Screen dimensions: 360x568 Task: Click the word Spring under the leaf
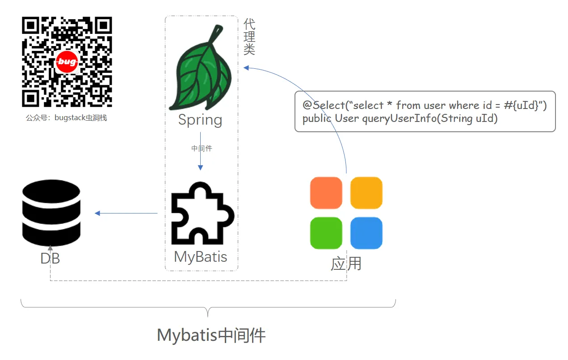pyautogui.click(x=200, y=120)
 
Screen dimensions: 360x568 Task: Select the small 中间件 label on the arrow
pyautogui.click(x=202, y=148)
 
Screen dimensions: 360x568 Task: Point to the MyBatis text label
pyautogui.click(x=201, y=257)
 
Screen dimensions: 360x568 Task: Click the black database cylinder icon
pyautogui.click(x=51, y=213)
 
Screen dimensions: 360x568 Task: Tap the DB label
pyautogui.click(x=50, y=259)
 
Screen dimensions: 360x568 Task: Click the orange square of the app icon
pyautogui.click(x=326, y=193)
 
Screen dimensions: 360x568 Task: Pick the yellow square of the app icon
pyautogui.click(x=366, y=193)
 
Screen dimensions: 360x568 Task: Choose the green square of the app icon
pyautogui.click(x=326, y=233)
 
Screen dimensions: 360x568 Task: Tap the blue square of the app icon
pyautogui.click(x=366, y=233)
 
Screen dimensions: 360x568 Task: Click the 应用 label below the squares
pyautogui.click(x=346, y=264)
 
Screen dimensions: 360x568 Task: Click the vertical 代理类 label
pyautogui.click(x=249, y=37)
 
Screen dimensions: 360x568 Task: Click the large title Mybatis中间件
pyautogui.click(x=211, y=335)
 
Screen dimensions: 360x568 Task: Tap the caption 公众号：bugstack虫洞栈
pyautogui.click(x=67, y=118)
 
